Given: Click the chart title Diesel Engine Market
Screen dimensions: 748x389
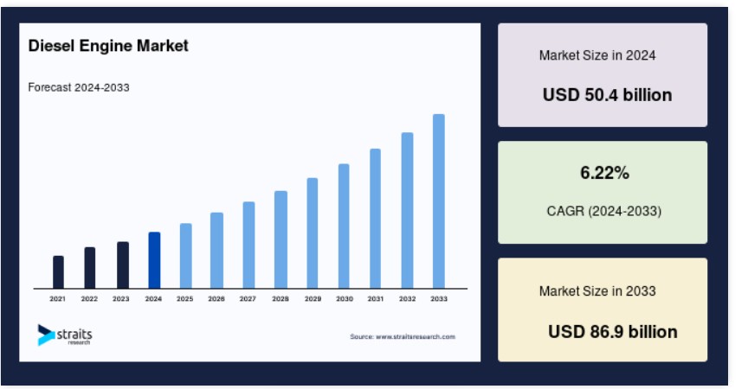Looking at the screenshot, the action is pos(108,46).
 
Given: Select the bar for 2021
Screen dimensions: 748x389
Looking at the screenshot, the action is pos(58,272).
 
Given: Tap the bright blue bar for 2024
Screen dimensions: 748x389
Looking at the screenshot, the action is pos(154,260).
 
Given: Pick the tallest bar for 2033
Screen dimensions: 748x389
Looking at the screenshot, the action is pos(438,201).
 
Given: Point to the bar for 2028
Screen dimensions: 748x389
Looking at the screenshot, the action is pos(280,239).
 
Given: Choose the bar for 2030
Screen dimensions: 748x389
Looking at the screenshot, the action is pos(344,226).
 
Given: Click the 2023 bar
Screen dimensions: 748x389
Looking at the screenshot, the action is pos(123,265).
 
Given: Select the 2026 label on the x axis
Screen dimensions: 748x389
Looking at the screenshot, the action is pos(216,298).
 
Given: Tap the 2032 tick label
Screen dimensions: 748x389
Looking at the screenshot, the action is pos(407,298).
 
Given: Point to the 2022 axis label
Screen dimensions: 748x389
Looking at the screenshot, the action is pos(89,298).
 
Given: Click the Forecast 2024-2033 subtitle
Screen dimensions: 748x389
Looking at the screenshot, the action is pos(79,87).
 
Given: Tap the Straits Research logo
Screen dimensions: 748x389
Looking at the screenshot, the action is pos(65,335).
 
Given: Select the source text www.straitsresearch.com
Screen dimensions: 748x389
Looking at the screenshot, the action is pos(416,336).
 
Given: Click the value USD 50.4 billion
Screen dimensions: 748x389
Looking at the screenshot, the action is pos(607,95).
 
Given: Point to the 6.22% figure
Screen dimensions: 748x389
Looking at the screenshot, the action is pos(604,172).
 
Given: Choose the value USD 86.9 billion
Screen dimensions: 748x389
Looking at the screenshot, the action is pos(613,331).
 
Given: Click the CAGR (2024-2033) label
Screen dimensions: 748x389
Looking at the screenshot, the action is pos(604,211).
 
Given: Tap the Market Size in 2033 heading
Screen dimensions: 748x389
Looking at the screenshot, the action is pos(597,291).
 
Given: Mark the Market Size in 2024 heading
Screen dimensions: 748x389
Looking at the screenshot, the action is pos(597,55).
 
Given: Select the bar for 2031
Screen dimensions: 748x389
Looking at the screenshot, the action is pos(375,219).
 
